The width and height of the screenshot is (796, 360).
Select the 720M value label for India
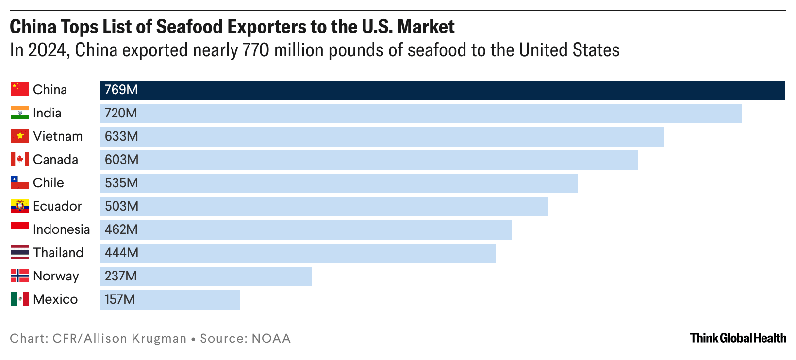(121, 113)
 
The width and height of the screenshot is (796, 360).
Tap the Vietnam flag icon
(20, 136)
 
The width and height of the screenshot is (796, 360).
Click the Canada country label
(55, 160)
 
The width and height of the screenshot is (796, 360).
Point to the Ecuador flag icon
(20, 206)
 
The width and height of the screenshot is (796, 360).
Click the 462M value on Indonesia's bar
(121, 229)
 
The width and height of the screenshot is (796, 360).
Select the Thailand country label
(58, 253)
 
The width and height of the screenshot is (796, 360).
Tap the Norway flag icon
(20, 276)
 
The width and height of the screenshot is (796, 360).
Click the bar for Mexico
(169, 300)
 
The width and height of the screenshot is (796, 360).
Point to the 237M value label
(121, 276)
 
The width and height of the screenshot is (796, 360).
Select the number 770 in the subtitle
(256, 50)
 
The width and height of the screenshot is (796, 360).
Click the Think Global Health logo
(738, 338)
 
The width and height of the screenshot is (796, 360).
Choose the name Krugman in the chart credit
(159, 338)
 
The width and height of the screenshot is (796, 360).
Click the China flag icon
(20, 90)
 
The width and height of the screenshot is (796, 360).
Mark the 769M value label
(121, 90)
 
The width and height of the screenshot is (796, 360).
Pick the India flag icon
(20, 113)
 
